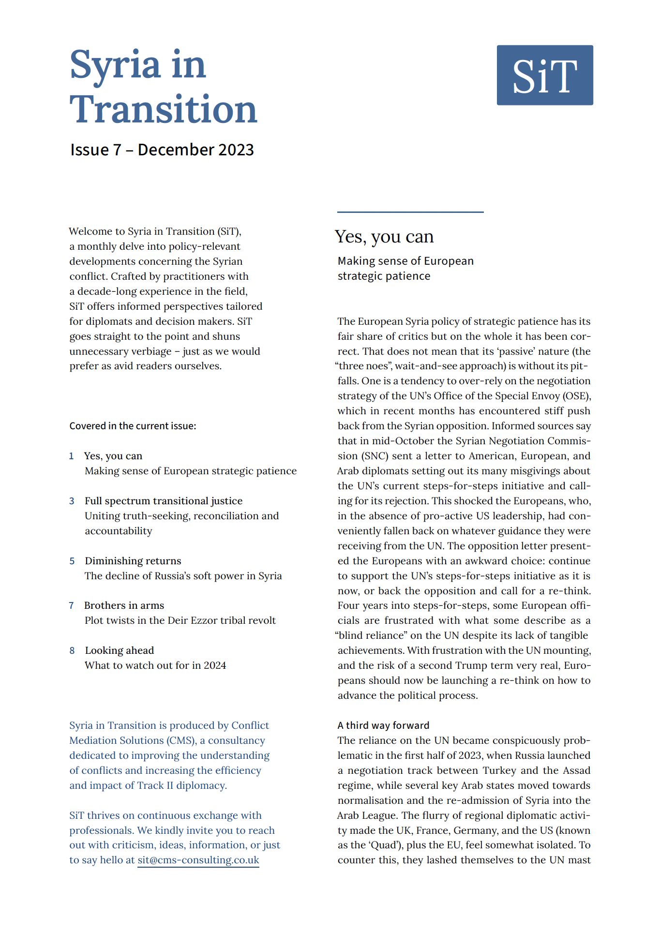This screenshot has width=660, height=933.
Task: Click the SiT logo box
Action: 544,75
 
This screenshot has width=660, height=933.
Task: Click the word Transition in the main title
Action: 163,110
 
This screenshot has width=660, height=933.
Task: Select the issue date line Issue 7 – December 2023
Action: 162,150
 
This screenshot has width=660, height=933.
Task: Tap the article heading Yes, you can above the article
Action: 384,237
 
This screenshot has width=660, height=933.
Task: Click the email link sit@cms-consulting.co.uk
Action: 198,860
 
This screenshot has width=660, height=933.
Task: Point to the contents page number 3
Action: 72,501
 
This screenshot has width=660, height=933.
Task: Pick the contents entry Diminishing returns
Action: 133,561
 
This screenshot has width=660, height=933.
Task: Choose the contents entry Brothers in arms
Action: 124,605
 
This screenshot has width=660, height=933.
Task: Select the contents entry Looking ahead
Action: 119,650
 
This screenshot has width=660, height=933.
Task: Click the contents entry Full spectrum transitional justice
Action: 164,501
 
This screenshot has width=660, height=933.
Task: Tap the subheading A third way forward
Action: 383,725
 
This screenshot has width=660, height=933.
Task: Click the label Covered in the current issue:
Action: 133,426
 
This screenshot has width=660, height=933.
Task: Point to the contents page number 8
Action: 72,650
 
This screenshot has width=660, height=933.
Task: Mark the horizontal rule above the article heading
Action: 410,212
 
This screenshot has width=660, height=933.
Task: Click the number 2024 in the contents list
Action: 215,665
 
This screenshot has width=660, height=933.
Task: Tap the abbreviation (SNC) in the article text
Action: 373,456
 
